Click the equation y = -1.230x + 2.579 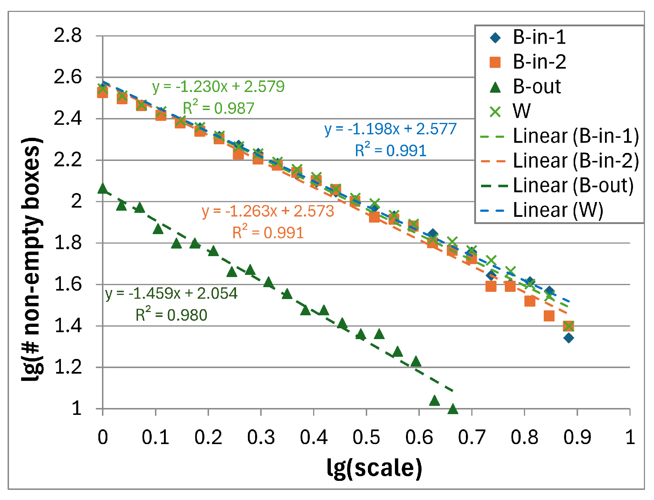(218, 87)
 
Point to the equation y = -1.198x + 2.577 (390, 129)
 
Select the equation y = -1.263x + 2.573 (268, 211)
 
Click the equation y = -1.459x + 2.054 (172, 294)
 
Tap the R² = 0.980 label (172, 315)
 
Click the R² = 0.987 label (218, 108)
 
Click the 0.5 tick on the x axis (366, 437)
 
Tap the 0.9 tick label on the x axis (577, 437)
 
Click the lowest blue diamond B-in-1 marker (569, 338)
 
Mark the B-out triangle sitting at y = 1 (453, 409)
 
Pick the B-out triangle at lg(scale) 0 (103, 188)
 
